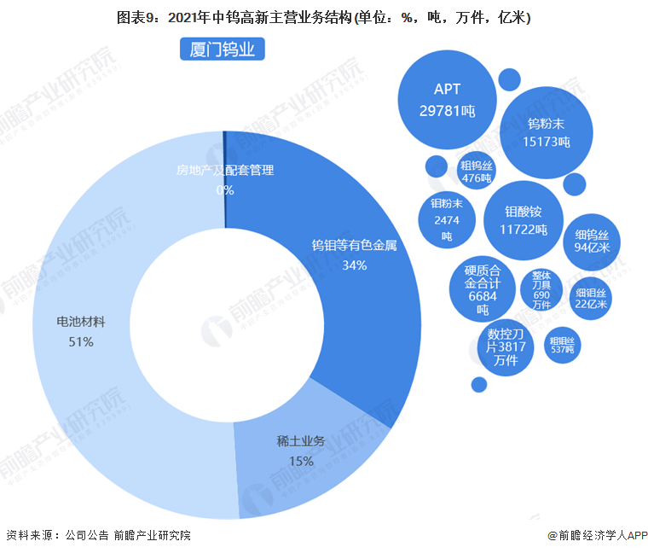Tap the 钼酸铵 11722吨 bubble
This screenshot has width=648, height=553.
tap(524, 220)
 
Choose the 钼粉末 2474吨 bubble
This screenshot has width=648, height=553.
tap(446, 220)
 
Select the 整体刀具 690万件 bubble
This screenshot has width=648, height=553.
tap(541, 289)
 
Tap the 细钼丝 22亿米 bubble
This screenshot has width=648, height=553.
tap(591, 298)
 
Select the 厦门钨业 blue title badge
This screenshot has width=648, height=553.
tap(223, 49)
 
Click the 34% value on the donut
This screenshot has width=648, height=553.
tap(354, 265)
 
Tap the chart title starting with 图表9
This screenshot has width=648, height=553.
tap(323, 17)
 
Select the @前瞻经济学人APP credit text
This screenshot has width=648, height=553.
tap(597, 535)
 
